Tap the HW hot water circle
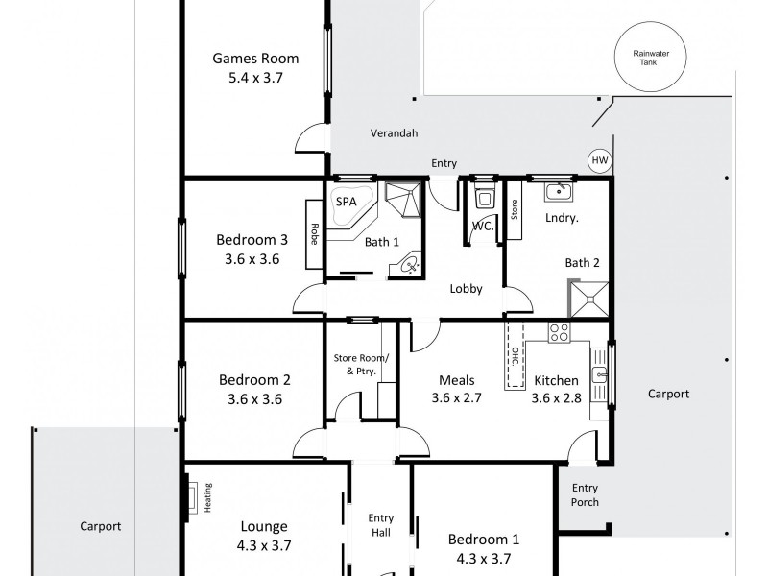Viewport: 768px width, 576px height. coord(599,160)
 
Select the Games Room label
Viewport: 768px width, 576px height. coord(255,59)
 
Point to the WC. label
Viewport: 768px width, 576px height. coord(482,228)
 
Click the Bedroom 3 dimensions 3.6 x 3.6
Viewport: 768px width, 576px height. coord(252,258)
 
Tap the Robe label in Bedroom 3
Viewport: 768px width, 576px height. coord(314,234)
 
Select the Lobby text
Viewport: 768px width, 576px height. coord(466,289)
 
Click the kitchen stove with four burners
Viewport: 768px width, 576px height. coord(558,333)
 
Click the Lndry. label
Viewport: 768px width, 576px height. coord(562,219)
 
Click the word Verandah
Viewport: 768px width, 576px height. coord(394,134)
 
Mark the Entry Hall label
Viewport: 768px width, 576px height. coord(381,525)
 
